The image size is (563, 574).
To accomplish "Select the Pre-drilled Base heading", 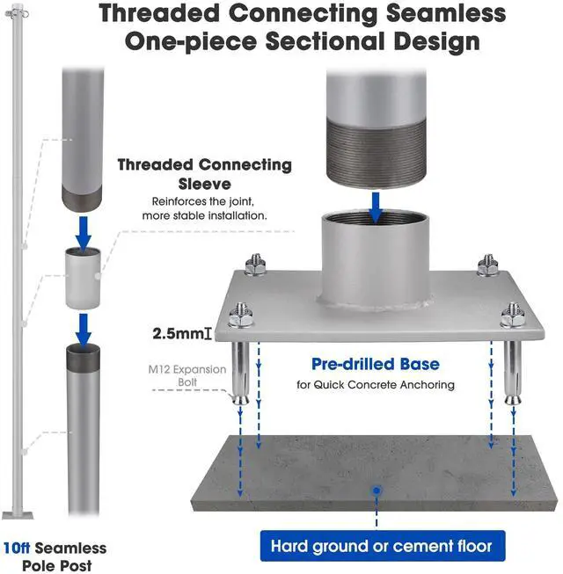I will [x=376, y=363].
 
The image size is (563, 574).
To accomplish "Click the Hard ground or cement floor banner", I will [x=381, y=546].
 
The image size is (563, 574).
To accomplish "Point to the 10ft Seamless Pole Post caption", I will [x=55, y=556].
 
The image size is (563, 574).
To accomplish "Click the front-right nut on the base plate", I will [x=513, y=313].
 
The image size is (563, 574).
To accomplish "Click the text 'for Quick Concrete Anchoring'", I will [x=375, y=384].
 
